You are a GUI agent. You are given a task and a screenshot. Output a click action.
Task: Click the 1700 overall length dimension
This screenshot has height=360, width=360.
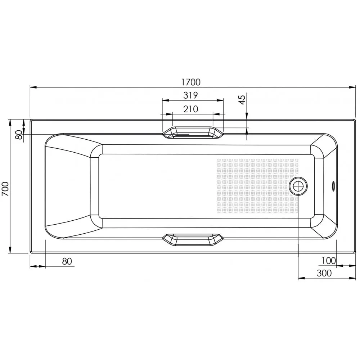pos(191,82)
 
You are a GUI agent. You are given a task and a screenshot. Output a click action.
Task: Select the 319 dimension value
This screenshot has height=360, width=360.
pos(191,95)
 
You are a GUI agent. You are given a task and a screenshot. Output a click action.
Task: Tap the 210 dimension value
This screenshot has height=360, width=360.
pos(191,109)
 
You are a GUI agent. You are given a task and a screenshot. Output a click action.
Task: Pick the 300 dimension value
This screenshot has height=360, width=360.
pos(324,273)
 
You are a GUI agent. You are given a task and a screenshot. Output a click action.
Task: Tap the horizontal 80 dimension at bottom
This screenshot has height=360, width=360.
pos(67,261)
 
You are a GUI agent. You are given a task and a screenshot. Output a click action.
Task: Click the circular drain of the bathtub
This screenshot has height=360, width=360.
pos(298,186)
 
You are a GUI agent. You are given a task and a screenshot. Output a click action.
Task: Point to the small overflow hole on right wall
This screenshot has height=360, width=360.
pos(333,186)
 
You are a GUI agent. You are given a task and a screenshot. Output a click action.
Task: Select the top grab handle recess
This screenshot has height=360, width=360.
pos(193,132)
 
